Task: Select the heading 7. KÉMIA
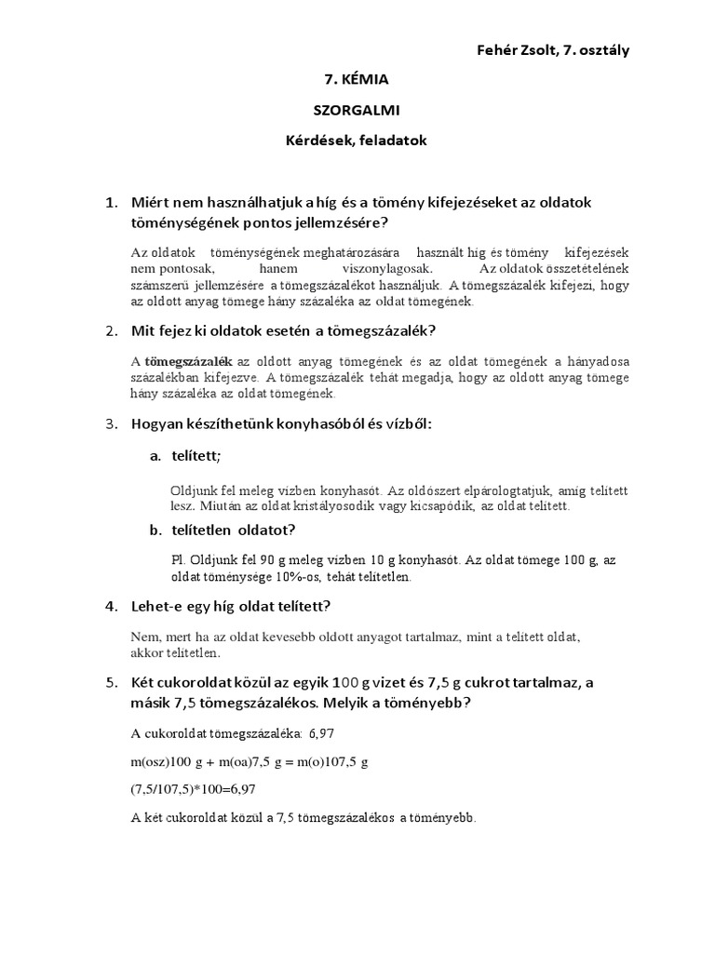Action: [357, 80]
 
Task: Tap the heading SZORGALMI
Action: [357, 110]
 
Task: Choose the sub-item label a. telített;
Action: [186, 456]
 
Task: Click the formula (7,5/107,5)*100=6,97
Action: [193, 788]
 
